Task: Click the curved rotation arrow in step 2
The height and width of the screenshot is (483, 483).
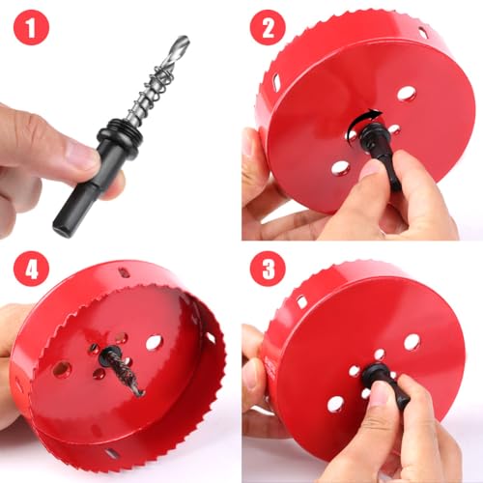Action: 362,122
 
